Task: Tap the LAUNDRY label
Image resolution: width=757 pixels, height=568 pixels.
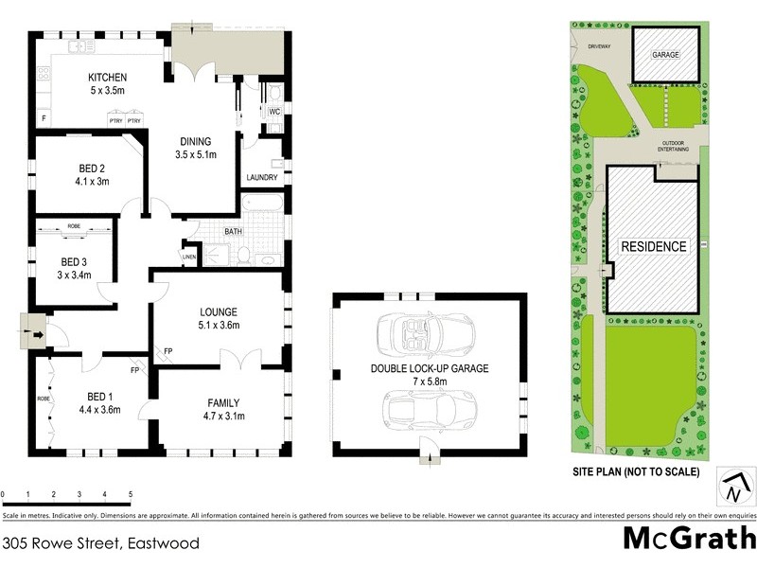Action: pyautogui.click(x=261, y=178)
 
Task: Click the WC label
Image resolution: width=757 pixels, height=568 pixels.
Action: pyautogui.click(x=273, y=112)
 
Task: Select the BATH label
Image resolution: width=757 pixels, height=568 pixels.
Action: pyautogui.click(x=233, y=231)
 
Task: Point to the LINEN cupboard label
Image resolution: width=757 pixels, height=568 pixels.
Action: pyautogui.click(x=189, y=257)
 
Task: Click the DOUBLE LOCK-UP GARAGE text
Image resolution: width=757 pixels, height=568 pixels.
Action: pyautogui.click(x=430, y=369)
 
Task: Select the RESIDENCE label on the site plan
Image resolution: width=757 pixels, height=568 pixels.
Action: pyautogui.click(x=653, y=246)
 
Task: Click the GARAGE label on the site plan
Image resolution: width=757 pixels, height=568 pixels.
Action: pyautogui.click(x=665, y=56)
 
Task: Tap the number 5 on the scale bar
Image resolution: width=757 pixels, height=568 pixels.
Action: pyautogui.click(x=130, y=494)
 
